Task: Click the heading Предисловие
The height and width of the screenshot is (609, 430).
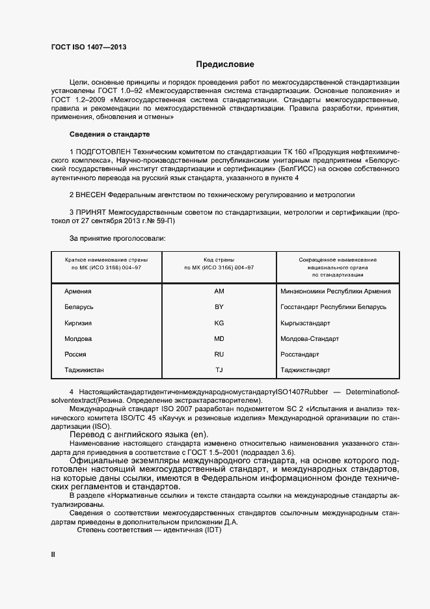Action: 225,64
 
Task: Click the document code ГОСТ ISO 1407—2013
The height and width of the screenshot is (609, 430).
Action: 88,47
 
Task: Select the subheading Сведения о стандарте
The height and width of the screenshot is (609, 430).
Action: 109,134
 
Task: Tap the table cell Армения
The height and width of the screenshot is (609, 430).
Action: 77,291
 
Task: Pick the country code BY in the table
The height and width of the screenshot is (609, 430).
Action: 219,307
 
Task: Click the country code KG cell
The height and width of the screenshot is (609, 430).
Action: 219,323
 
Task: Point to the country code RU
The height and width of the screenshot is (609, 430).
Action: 219,355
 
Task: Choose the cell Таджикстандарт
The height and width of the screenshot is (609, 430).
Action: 305,370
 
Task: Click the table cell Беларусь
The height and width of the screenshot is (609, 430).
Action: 79,307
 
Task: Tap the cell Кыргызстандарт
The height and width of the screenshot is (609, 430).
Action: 305,323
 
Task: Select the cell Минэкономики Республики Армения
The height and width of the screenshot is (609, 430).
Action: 335,291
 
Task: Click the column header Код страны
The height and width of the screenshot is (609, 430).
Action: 219,260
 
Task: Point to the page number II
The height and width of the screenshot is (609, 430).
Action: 53,554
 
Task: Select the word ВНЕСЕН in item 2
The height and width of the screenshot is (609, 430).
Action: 90,195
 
